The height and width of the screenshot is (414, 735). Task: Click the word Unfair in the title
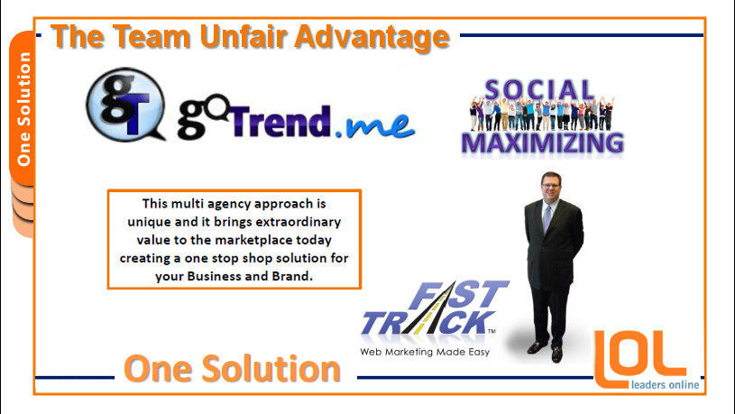(243, 36)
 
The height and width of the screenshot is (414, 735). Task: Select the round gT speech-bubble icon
(125, 105)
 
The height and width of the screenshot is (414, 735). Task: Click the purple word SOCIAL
(539, 89)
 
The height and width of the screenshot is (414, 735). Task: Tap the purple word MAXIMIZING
(542, 143)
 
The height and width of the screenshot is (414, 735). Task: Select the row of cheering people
(542, 114)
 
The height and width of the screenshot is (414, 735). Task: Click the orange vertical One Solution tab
(22, 108)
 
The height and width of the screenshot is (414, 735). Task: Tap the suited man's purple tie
(547, 218)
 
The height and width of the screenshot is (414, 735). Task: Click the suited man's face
(550, 186)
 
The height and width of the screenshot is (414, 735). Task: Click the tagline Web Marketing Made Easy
(425, 352)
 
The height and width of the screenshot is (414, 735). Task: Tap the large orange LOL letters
(639, 359)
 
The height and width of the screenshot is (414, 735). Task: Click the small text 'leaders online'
(666, 385)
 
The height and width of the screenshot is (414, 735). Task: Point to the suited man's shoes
(547, 350)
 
